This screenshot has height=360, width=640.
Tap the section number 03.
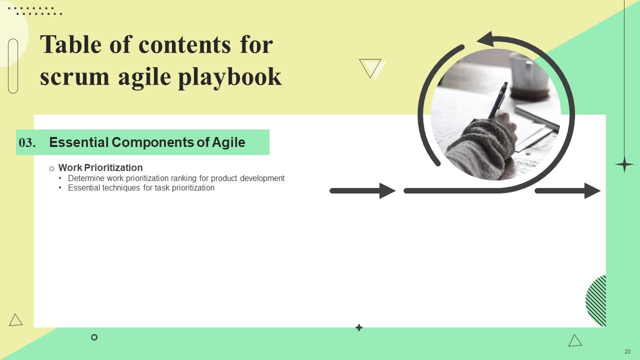coord(27,143)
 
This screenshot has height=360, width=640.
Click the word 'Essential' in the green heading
coord(78,142)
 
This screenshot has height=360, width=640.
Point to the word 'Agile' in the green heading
coord(228,142)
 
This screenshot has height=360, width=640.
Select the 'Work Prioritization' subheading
coord(100,167)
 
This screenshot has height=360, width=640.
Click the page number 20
coord(627,351)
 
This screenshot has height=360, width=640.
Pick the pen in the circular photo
coord(497,100)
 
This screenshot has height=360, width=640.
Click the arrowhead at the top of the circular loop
coord(485,39)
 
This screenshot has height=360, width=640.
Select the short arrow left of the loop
coord(362,190)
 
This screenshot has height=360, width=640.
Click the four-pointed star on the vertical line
coord(624,164)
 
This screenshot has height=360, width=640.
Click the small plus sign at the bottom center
coord(358,327)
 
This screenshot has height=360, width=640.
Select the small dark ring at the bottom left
coord(94,337)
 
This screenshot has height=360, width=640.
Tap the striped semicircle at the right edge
coord(597,301)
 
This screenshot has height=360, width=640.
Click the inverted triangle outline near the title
coord(370,68)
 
